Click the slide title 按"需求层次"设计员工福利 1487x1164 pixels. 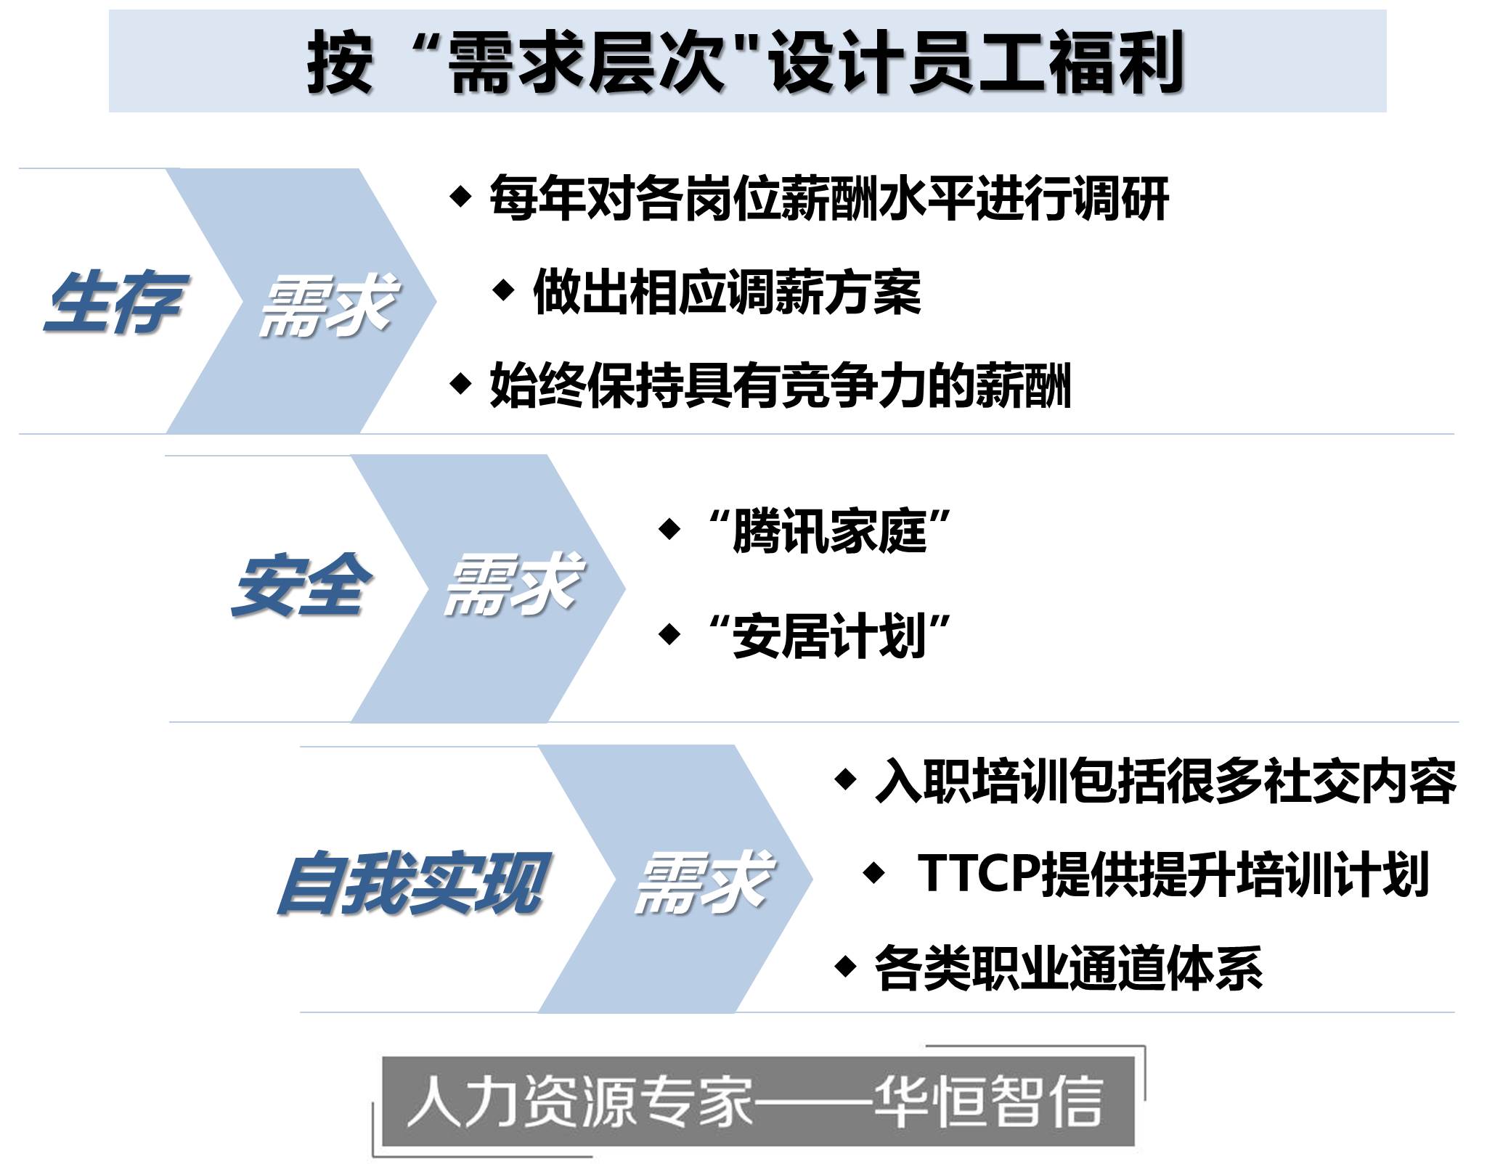coord(746,62)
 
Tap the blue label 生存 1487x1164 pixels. coord(115,302)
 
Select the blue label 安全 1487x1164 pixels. coord(301,585)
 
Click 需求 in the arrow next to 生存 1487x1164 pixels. coord(328,305)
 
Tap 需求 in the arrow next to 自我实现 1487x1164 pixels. coord(703,882)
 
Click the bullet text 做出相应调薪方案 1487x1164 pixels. coord(727,292)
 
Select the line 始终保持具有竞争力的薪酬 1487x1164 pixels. coord(781,385)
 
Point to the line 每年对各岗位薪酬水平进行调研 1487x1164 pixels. coord(829,198)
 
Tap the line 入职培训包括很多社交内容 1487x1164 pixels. coord(1166,782)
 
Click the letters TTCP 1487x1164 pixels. coord(979,873)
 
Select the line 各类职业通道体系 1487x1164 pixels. coord(1069,968)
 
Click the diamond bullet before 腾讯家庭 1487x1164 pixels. coord(669,529)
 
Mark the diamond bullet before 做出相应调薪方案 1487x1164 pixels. coord(503,290)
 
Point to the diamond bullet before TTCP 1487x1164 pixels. coord(874,872)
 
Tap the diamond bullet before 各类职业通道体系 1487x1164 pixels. coord(845,966)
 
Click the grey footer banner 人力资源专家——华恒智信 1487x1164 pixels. coord(758,1102)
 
